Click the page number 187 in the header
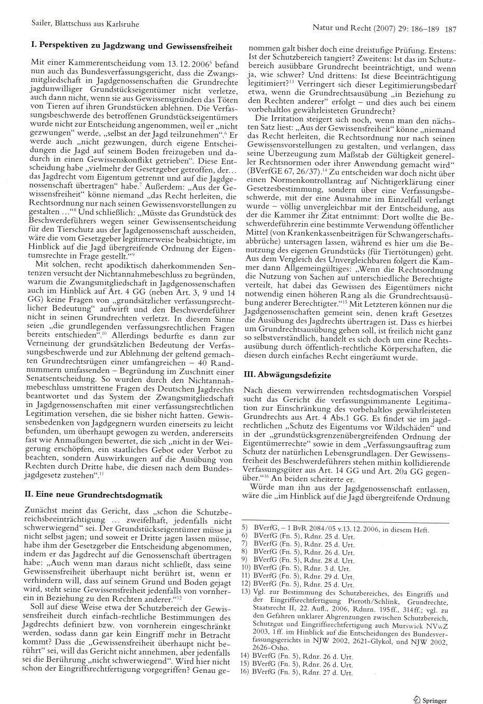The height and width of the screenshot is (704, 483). point(450,29)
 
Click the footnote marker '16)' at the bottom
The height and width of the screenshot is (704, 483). point(245,672)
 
